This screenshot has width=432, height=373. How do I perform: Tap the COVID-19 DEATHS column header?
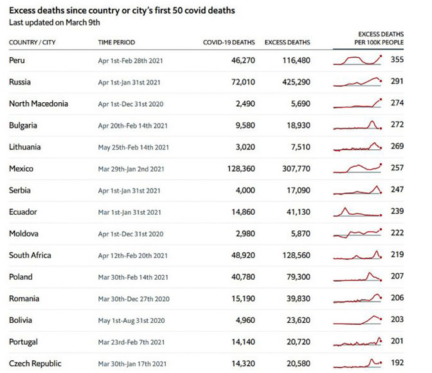(229, 42)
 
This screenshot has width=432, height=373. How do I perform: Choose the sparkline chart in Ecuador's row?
(358, 212)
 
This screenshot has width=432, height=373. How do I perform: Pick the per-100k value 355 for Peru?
(397, 60)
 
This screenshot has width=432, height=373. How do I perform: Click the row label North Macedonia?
(39, 104)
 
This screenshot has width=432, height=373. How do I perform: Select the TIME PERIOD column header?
(116, 42)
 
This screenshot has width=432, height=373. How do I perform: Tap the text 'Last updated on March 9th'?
(54, 22)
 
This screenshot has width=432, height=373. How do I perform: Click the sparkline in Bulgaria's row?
(358, 125)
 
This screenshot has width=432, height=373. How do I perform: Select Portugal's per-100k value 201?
(397, 341)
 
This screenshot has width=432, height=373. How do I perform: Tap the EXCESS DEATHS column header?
(287, 42)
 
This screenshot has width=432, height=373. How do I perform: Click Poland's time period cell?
(133, 277)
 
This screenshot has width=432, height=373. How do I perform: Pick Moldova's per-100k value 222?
(397, 233)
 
